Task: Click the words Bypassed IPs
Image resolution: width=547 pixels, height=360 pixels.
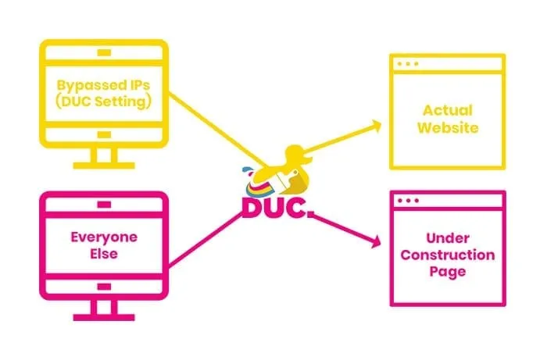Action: click(103, 83)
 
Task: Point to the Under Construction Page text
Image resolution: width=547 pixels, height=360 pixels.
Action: click(449, 255)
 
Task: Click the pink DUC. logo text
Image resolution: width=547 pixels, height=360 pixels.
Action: click(274, 207)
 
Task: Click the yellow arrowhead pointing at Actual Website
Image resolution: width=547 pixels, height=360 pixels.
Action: click(376, 124)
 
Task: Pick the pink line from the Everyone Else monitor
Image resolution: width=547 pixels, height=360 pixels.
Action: click(211, 235)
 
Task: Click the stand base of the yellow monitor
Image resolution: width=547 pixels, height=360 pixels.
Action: click(103, 165)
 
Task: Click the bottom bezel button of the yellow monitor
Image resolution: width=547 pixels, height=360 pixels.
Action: click(103, 134)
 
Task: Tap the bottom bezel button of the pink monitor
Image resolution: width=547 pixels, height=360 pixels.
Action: click(103, 286)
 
